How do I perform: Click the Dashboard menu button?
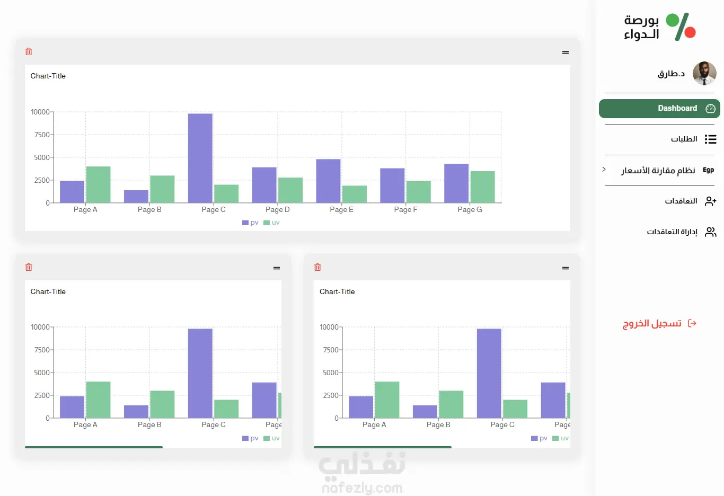[x=659, y=108]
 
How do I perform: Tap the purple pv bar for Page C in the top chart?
[x=200, y=158]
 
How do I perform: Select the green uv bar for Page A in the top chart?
[x=98, y=184]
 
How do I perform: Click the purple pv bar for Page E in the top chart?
[x=328, y=181]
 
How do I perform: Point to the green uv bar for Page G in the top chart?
[x=482, y=187]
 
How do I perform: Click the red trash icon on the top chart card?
[x=29, y=51]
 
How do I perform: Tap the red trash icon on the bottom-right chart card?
[x=317, y=267]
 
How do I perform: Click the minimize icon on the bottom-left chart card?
[x=277, y=268]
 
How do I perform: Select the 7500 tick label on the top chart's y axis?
[x=42, y=135]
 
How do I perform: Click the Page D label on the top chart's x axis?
[x=278, y=209]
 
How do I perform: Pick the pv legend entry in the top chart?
[x=250, y=223]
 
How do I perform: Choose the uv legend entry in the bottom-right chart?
[x=560, y=438]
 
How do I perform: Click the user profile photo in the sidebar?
[x=704, y=73]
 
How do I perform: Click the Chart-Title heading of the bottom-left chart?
[x=48, y=291]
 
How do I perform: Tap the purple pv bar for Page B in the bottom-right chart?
[x=425, y=411]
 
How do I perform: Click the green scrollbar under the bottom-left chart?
[x=94, y=447]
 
